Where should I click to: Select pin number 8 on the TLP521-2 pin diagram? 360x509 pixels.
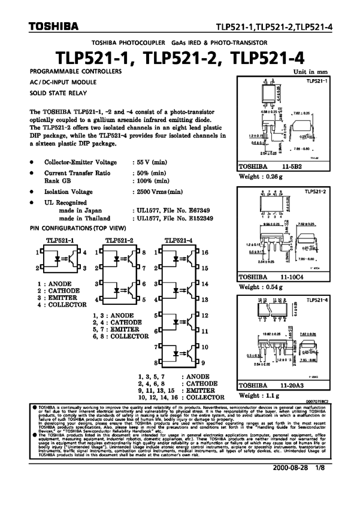click(144, 253)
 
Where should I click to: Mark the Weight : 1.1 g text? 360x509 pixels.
click(259, 396)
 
